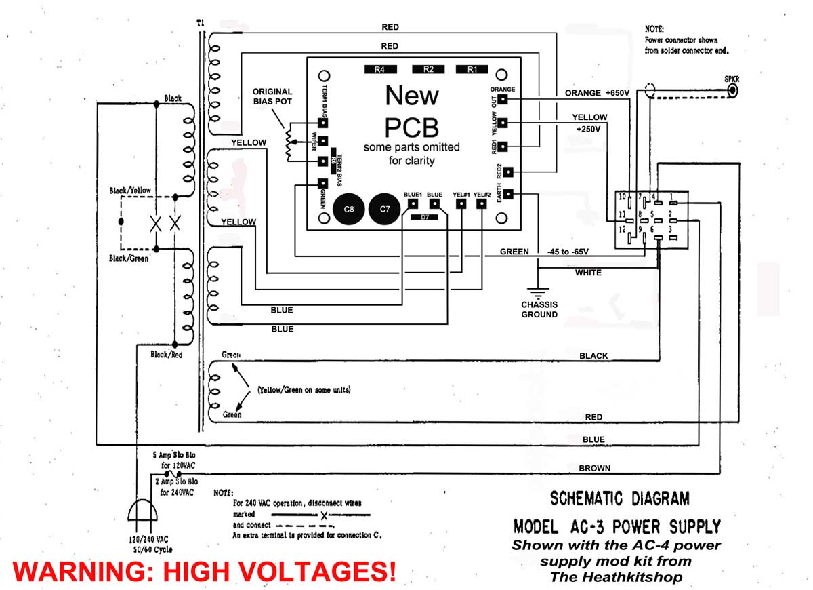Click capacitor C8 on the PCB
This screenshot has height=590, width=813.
[x=349, y=210]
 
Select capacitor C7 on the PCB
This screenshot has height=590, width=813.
[x=385, y=210]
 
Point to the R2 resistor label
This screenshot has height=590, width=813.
[x=428, y=69]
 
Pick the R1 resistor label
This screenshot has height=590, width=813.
[x=472, y=69]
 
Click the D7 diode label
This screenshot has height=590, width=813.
[x=424, y=217]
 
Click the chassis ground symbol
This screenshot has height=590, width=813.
[x=538, y=294]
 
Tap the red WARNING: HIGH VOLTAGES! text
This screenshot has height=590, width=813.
[x=204, y=570]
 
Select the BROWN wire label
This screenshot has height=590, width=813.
[x=594, y=468]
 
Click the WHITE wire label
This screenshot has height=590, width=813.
[x=588, y=273]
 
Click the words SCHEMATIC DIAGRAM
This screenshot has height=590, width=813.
[x=619, y=499]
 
